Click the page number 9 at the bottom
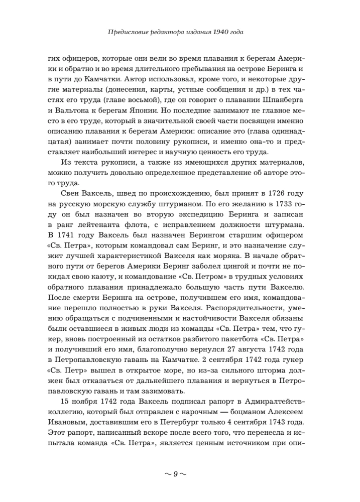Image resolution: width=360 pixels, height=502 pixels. coord(176,473)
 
